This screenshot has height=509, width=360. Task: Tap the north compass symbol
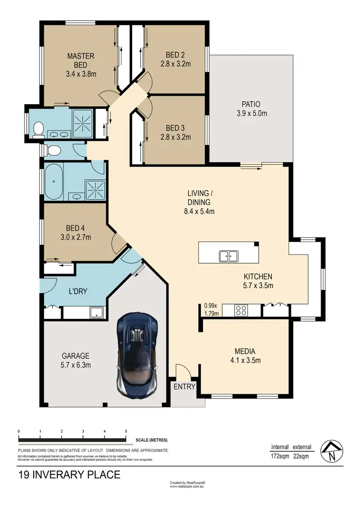pyautogui.click(x=332, y=451)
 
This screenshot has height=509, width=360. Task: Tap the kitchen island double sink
pyautogui.click(x=229, y=256)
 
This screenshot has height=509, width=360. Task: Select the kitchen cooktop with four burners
pyautogui.click(x=241, y=311)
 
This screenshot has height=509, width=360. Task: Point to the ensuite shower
pyautogui.click(x=85, y=123)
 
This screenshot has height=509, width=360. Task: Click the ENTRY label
pyautogui.click(x=184, y=387)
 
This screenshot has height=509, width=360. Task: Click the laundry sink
pyautogui.click(x=97, y=312)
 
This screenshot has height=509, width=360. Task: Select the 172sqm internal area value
pyautogui.click(x=280, y=457)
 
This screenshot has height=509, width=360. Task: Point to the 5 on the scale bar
pyautogui.click(x=126, y=432)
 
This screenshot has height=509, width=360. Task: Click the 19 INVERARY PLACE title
pyautogui.click(x=69, y=475)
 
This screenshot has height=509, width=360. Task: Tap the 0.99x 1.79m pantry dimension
pyautogui.click(x=211, y=310)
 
